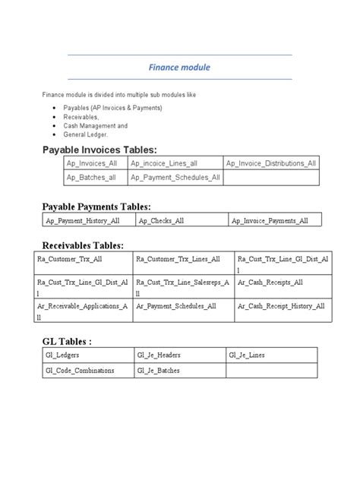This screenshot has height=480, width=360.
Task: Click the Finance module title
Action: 180,68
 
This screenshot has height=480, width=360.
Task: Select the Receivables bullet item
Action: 81,117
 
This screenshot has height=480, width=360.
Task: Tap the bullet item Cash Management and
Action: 96,125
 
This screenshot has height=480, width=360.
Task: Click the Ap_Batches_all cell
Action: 91,178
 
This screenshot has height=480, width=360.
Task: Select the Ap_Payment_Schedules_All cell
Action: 175,178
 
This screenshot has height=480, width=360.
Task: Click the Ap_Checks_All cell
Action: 161,220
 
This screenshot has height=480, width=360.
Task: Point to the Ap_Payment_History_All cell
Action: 81,220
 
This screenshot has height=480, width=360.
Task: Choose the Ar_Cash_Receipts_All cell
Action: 270,282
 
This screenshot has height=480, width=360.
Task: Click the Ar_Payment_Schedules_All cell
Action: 175,305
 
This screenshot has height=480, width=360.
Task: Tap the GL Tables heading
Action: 68,341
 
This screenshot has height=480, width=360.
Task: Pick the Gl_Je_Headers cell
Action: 160,355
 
